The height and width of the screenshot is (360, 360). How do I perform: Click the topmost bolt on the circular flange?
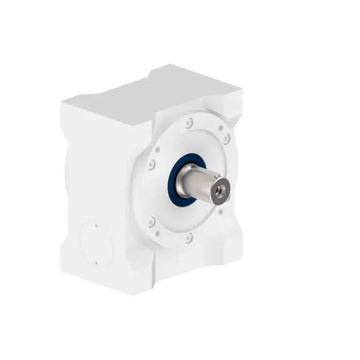coord(190,122)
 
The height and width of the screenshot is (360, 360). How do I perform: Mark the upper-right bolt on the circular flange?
coord(226,137)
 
